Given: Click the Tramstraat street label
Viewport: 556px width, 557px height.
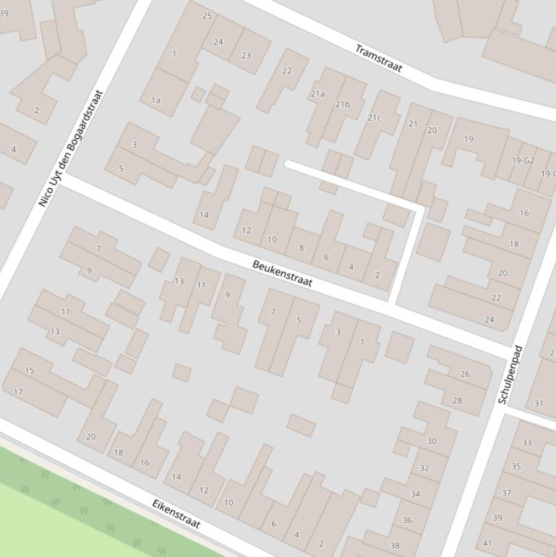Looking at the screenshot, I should click(378, 59).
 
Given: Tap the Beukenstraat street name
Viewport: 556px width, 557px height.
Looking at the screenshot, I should click(282, 273).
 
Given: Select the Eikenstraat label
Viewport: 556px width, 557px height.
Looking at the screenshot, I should click(176, 513).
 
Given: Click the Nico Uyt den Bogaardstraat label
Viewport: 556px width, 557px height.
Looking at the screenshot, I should click(71, 148).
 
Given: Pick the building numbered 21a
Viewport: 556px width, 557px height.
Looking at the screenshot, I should click(317, 94).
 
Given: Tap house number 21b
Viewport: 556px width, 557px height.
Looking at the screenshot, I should click(342, 104).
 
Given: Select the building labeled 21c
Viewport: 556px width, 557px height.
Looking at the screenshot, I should click(374, 117).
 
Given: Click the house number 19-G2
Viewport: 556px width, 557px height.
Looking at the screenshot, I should click(522, 161).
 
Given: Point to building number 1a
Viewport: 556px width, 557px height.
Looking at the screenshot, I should click(155, 101).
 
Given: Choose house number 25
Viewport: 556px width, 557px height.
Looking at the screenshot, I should click(208, 16).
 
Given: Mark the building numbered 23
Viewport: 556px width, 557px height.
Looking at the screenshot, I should click(246, 55).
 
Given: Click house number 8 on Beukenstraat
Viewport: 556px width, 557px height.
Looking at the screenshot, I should click(301, 248).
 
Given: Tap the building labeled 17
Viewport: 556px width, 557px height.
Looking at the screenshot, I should click(19, 392).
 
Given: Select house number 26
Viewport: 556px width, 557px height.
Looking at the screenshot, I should click(465, 374).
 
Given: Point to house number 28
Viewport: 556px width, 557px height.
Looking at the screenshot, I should click(457, 400).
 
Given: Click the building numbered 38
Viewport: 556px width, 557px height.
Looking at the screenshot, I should click(395, 545).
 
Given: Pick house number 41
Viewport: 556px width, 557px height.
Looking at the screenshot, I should click(487, 543).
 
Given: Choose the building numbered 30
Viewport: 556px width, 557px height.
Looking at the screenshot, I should click(432, 441).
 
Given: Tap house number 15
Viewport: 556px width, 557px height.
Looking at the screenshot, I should click(30, 370).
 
